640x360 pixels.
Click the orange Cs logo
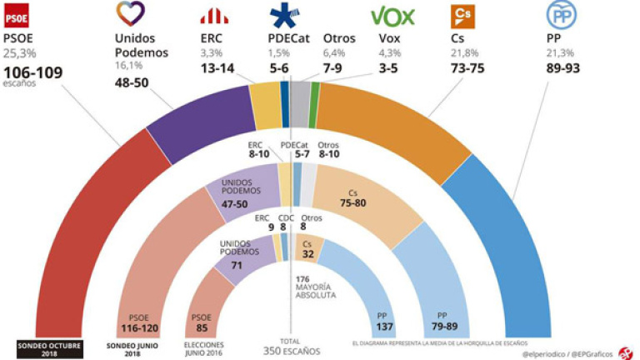coord(461,16)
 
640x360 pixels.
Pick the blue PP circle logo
coord(557,16)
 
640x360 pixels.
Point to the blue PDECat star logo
coord(285,16)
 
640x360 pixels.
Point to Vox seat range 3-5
coord(389,72)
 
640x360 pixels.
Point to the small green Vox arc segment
coord(314,92)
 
